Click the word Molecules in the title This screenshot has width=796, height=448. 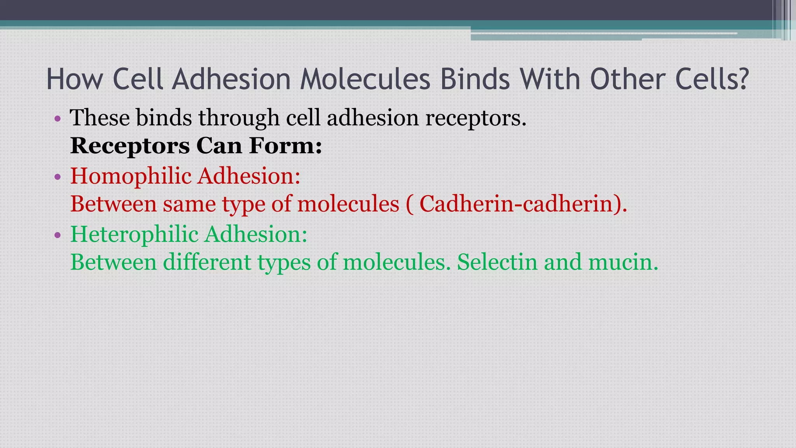tap(365, 79)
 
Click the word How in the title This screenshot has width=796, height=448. tap(74, 79)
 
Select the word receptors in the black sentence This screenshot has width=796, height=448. tap(476, 119)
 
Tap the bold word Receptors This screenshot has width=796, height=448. tap(130, 146)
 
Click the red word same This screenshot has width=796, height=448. tap(189, 204)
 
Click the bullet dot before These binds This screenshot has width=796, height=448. tap(58, 119)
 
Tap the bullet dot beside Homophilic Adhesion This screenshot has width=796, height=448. tap(58, 177)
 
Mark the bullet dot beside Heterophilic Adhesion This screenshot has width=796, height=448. tap(58, 235)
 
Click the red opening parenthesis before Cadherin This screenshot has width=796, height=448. tap(409, 205)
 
